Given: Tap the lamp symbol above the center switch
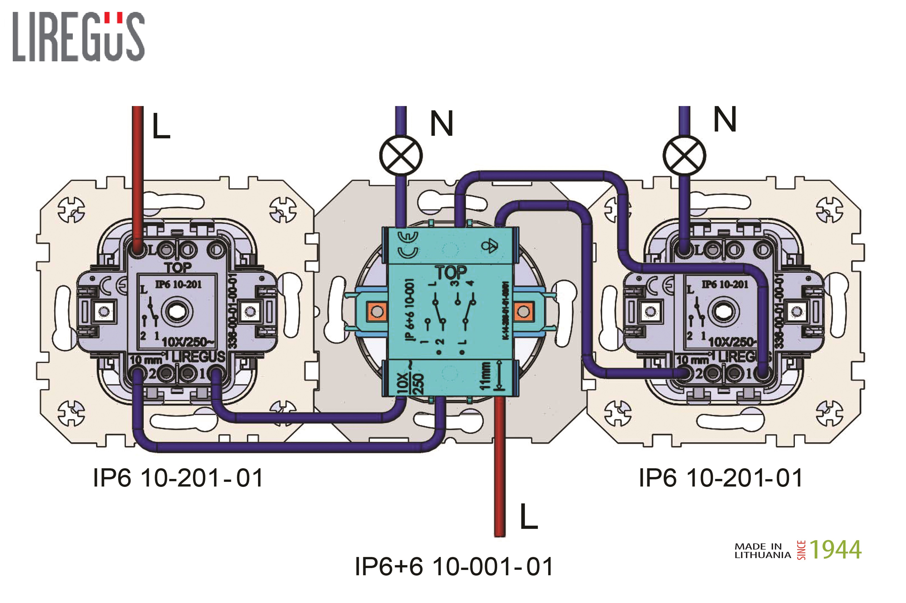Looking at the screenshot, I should coord(401,155).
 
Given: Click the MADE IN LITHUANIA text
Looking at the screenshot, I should coord(762,551).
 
